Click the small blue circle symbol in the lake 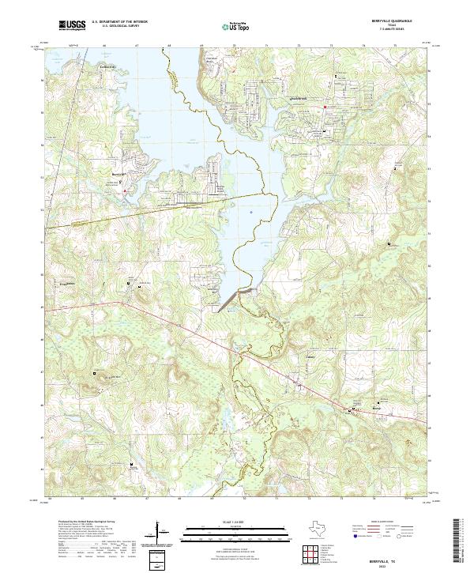click(250, 212)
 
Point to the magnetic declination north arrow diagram click(163, 537)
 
